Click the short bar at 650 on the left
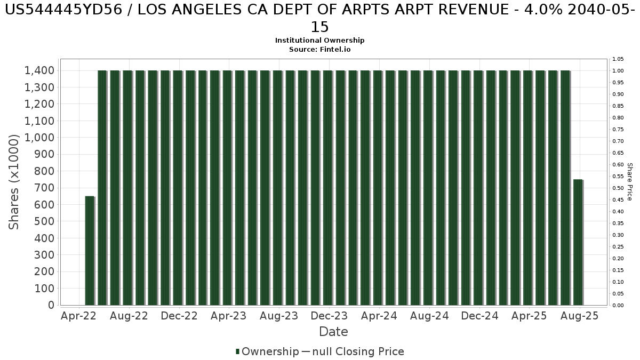[x=90, y=251]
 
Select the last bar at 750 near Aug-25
[x=578, y=243]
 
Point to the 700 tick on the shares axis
[x=46, y=188]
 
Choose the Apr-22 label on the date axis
[x=78, y=316]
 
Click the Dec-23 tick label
[x=329, y=316]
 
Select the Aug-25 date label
[x=580, y=316]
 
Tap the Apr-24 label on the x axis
[x=379, y=316]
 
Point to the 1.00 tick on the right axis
[x=618, y=71]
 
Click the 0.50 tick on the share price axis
[x=618, y=188]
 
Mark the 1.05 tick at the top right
[x=618, y=59]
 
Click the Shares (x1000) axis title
[x=14, y=182]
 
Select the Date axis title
[x=333, y=332]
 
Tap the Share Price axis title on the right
[x=629, y=182]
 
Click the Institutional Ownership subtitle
[x=320, y=41]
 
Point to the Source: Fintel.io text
[x=320, y=49]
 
